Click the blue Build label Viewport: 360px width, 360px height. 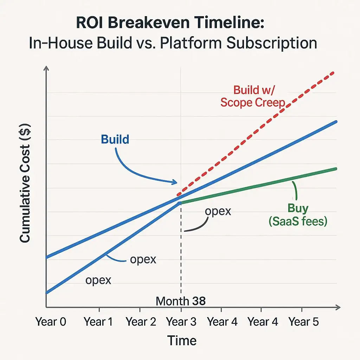pyautogui.click(x=115, y=140)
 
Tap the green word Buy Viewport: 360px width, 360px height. pyautogui.click(x=298, y=208)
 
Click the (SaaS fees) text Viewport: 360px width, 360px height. pyautogui.click(x=298, y=221)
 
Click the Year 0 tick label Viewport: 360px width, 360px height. pyautogui.click(x=51, y=322)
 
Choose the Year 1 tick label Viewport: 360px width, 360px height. pyautogui.click(x=98, y=322)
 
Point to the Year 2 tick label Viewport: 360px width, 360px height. pyautogui.click(x=141, y=322)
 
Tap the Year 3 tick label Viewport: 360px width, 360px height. pyautogui.click(x=181, y=322)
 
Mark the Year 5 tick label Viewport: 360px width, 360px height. pyautogui.click(x=303, y=322)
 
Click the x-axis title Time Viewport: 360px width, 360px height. pyautogui.click(x=181, y=340)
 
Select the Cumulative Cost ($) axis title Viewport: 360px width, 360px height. pyautogui.click(x=25, y=183)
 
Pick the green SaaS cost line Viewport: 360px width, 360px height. pyautogui.click(x=260, y=185)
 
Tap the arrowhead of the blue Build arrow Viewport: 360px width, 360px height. pyautogui.click(x=175, y=182)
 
